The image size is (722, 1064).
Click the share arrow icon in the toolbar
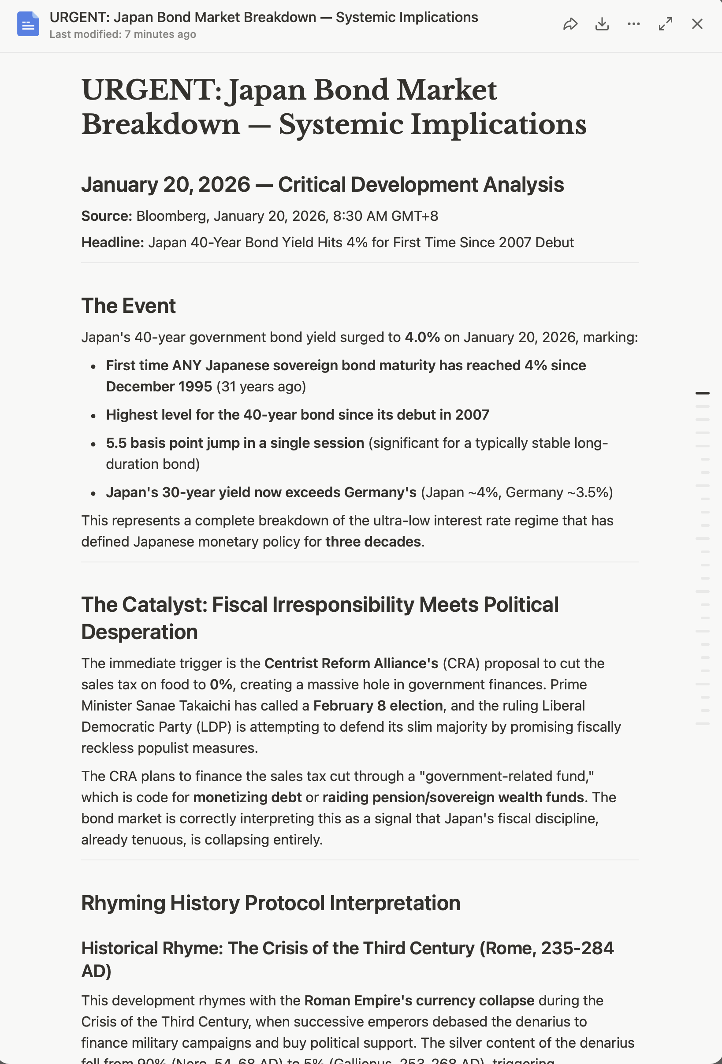pos(570,24)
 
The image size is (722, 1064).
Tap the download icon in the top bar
pos(602,24)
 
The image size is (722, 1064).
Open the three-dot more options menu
pos(634,24)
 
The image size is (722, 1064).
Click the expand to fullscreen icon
pos(665,24)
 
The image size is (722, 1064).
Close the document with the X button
pos(697,24)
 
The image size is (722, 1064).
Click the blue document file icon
pos(28,24)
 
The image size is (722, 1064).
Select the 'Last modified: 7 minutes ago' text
pos(123,34)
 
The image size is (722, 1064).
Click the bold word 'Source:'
pos(107,216)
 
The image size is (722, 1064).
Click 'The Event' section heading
pos(128,306)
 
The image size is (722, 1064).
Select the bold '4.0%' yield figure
pos(422,338)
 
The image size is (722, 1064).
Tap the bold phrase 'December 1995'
pos(159,387)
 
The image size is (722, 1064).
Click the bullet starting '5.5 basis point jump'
pos(235,443)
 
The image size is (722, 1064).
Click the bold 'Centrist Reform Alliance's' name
pos(351,663)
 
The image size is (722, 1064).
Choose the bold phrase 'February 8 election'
pos(378,706)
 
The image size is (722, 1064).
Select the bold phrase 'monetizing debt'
pos(247,797)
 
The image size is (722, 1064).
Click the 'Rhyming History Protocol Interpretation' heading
pos(271,903)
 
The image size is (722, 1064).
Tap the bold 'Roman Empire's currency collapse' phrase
pos(419,1001)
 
